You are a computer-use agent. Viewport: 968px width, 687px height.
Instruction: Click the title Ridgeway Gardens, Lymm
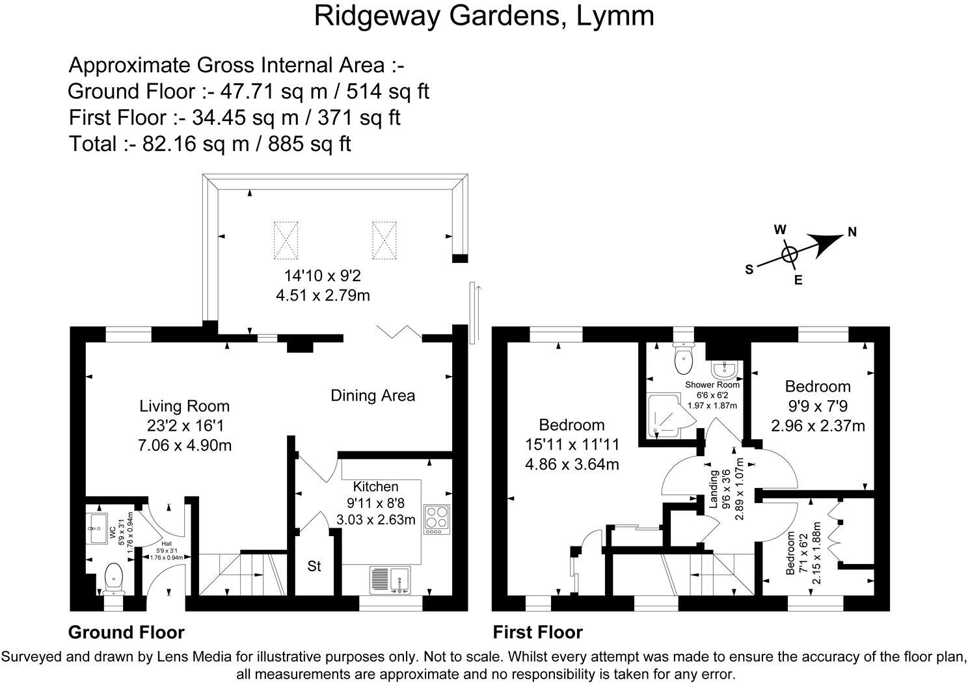483,16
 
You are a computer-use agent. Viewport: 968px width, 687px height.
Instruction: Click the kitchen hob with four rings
437,519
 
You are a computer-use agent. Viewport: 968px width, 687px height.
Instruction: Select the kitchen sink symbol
390,580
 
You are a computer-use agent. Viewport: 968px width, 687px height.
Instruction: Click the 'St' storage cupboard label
314,567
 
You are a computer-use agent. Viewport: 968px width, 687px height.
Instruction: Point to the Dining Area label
372,396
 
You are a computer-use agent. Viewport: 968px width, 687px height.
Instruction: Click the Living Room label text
185,407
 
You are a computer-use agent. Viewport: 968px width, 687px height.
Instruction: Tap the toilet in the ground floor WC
114,578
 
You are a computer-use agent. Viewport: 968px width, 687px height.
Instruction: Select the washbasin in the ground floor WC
99,527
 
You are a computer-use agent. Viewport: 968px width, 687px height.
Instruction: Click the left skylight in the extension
286,239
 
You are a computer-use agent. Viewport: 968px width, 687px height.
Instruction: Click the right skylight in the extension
384,239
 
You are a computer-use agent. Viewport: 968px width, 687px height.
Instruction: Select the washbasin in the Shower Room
724,370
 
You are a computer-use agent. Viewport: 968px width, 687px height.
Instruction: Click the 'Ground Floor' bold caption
126,632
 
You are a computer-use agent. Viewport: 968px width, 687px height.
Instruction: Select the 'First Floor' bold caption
537,632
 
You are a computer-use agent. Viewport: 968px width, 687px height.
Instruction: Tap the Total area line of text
209,144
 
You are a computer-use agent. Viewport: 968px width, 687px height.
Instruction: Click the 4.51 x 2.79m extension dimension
323,295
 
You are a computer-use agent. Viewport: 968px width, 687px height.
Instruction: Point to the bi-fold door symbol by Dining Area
398,332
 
